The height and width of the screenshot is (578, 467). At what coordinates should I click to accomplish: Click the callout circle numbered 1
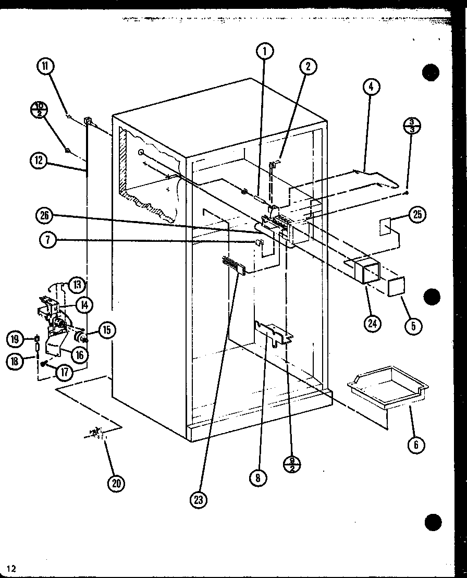click(265, 51)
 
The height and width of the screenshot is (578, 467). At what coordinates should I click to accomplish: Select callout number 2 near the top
click(308, 66)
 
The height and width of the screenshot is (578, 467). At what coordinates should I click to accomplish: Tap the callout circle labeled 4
click(371, 87)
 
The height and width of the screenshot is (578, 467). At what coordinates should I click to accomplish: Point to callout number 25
click(417, 215)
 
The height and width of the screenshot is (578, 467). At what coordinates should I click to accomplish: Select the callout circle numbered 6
click(416, 444)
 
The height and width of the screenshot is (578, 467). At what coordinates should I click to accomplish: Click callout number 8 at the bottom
click(257, 477)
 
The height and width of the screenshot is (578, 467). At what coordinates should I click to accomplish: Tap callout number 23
click(199, 499)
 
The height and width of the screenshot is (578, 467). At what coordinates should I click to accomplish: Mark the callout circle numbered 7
click(48, 240)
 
